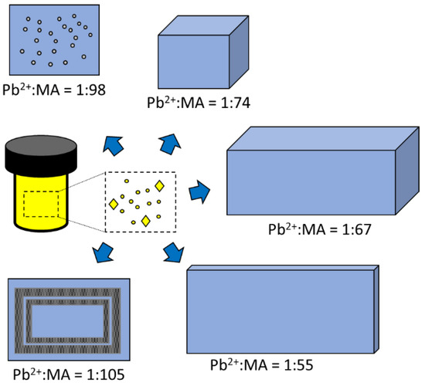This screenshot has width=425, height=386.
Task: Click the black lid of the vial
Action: click(x=41, y=155)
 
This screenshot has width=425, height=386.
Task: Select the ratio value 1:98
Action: click(x=91, y=90)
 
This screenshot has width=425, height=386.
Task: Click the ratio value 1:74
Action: click(x=235, y=103)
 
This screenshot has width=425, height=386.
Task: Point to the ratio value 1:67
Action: click(x=356, y=229)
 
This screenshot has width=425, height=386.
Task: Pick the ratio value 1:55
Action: click(x=298, y=365)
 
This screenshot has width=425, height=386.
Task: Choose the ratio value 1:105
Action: click(x=106, y=374)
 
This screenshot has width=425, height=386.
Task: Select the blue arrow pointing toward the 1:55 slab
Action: click(x=174, y=252)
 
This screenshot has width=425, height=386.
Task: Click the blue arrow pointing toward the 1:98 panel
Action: click(x=114, y=146)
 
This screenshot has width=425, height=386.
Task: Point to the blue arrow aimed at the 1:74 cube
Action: click(x=170, y=144)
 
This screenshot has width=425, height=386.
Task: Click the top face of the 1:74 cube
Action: click(x=203, y=25)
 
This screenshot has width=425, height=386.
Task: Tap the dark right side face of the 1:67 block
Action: click(x=407, y=171)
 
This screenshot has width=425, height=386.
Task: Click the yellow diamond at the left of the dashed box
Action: click(x=114, y=204)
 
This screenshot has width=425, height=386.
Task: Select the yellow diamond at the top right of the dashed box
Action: click(x=159, y=186)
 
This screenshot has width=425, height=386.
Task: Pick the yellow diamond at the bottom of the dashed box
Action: click(x=146, y=221)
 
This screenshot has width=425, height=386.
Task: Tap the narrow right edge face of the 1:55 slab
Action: click(x=376, y=310)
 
